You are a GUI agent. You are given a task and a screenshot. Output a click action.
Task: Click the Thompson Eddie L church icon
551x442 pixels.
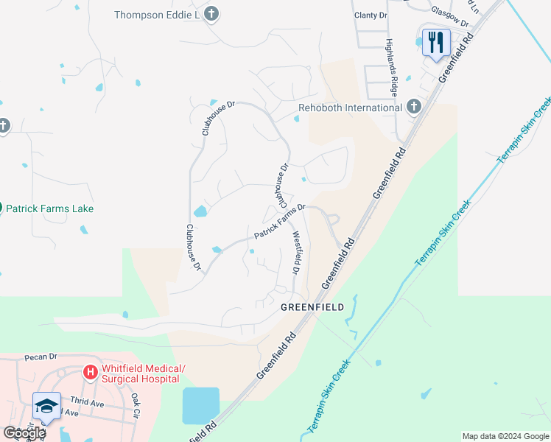click(211, 14)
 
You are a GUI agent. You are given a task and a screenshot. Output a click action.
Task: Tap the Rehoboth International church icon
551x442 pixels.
click(413, 108)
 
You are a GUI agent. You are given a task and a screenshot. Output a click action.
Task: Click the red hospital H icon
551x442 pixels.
click(91, 373)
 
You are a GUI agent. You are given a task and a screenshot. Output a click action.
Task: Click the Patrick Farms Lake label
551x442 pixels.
click(50, 208)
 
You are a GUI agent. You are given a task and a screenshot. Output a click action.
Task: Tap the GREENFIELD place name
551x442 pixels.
click(312, 307)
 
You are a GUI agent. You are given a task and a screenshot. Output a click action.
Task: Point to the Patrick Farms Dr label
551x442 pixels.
click(280, 221)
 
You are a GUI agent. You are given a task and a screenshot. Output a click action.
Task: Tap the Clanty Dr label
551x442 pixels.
click(371, 15)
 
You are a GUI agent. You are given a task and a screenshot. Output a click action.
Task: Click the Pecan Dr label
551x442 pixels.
click(40, 357)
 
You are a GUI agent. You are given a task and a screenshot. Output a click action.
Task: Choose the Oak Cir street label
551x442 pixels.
click(136, 405)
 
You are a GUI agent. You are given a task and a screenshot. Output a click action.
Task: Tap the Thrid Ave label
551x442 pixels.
click(88, 403)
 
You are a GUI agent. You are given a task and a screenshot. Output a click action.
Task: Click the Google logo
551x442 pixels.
click(24, 433)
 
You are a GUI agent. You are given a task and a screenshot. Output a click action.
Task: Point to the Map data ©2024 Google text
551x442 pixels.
click(505, 436)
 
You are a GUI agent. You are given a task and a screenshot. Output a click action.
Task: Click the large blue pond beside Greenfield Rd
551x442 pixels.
click(200, 405)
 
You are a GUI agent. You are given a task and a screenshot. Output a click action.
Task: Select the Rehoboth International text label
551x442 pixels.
click(350, 108)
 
